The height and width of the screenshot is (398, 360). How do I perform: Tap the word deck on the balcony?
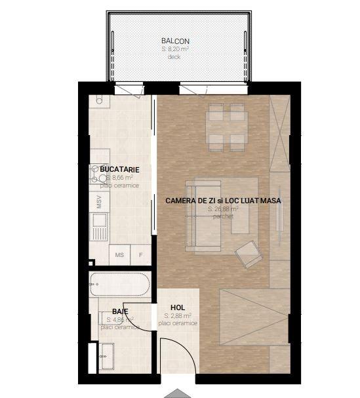tap(174, 57)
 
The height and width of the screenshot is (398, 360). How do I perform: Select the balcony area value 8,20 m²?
tap(175, 49)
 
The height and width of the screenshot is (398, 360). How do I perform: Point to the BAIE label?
tap(119, 311)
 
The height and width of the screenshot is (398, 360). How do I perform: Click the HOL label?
tap(177, 307)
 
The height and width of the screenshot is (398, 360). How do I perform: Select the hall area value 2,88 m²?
tap(177, 315)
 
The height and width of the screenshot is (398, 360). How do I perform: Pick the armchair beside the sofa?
tap(247, 254)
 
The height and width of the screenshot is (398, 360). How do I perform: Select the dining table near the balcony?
tap(226, 126)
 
